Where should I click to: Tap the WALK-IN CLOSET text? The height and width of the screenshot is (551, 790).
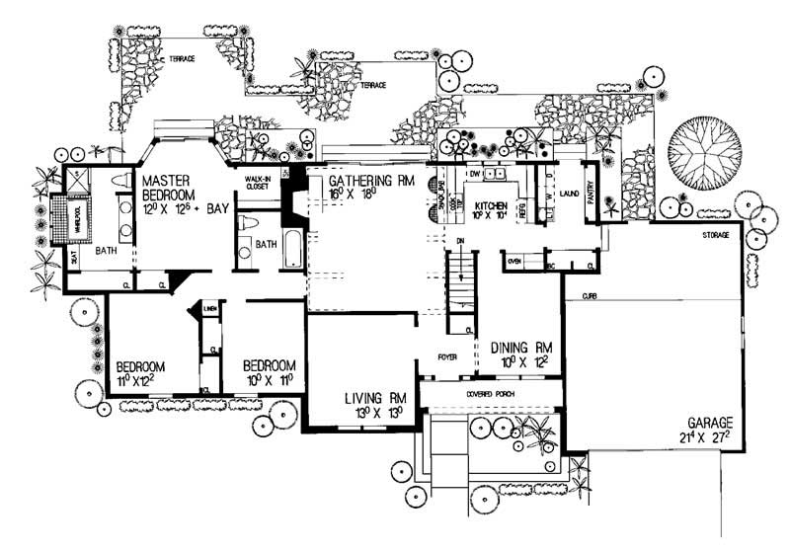[259, 181]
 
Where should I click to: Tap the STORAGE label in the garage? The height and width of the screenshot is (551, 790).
[716, 236]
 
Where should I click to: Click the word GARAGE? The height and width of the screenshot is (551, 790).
[711, 422]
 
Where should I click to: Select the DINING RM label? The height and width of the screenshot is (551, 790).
[520, 350]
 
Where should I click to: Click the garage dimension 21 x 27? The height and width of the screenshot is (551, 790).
[709, 437]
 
